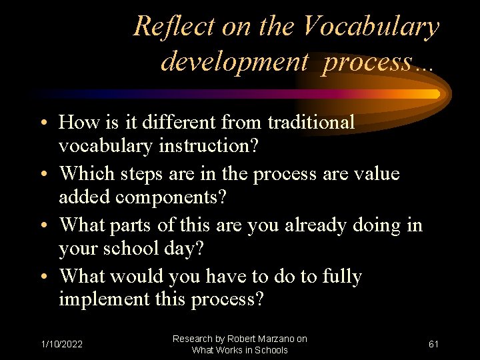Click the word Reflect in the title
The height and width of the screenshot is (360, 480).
tap(163, 27)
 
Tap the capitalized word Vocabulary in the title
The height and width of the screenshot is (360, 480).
tap(371, 27)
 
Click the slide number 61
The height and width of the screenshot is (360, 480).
tap(433, 344)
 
